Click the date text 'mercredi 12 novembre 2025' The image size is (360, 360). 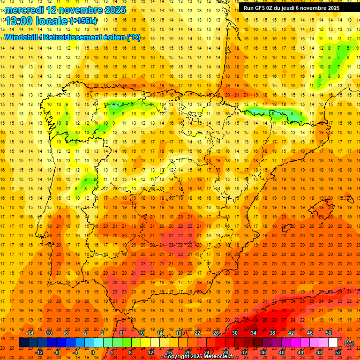(66, 10)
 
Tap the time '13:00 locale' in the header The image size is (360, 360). (37, 21)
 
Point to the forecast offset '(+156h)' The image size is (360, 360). (83, 21)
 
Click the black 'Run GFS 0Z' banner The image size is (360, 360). (298, 8)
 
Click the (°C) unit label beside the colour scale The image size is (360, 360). (349, 343)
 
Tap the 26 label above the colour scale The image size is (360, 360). (216, 333)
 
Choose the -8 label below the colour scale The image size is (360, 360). (57, 352)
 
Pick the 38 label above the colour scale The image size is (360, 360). (272, 333)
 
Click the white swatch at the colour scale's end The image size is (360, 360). (333, 343)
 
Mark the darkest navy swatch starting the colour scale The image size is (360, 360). (23, 343)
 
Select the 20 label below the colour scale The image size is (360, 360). (188, 352)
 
